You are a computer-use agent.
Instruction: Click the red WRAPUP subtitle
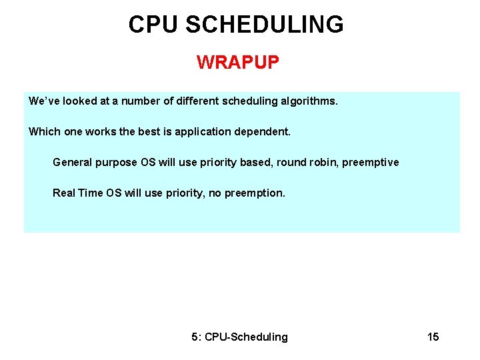click(238, 63)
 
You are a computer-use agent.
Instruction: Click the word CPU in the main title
click(155, 25)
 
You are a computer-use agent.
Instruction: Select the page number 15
click(433, 337)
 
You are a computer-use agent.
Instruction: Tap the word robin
click(323, 162)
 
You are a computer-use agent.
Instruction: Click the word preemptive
click(371, 163)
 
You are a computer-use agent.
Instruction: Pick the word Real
click(64, 193)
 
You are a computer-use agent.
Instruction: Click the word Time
click(91, 193)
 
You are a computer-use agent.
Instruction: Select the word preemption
click(255, 193)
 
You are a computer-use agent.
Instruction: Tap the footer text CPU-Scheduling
click(246, 337)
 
